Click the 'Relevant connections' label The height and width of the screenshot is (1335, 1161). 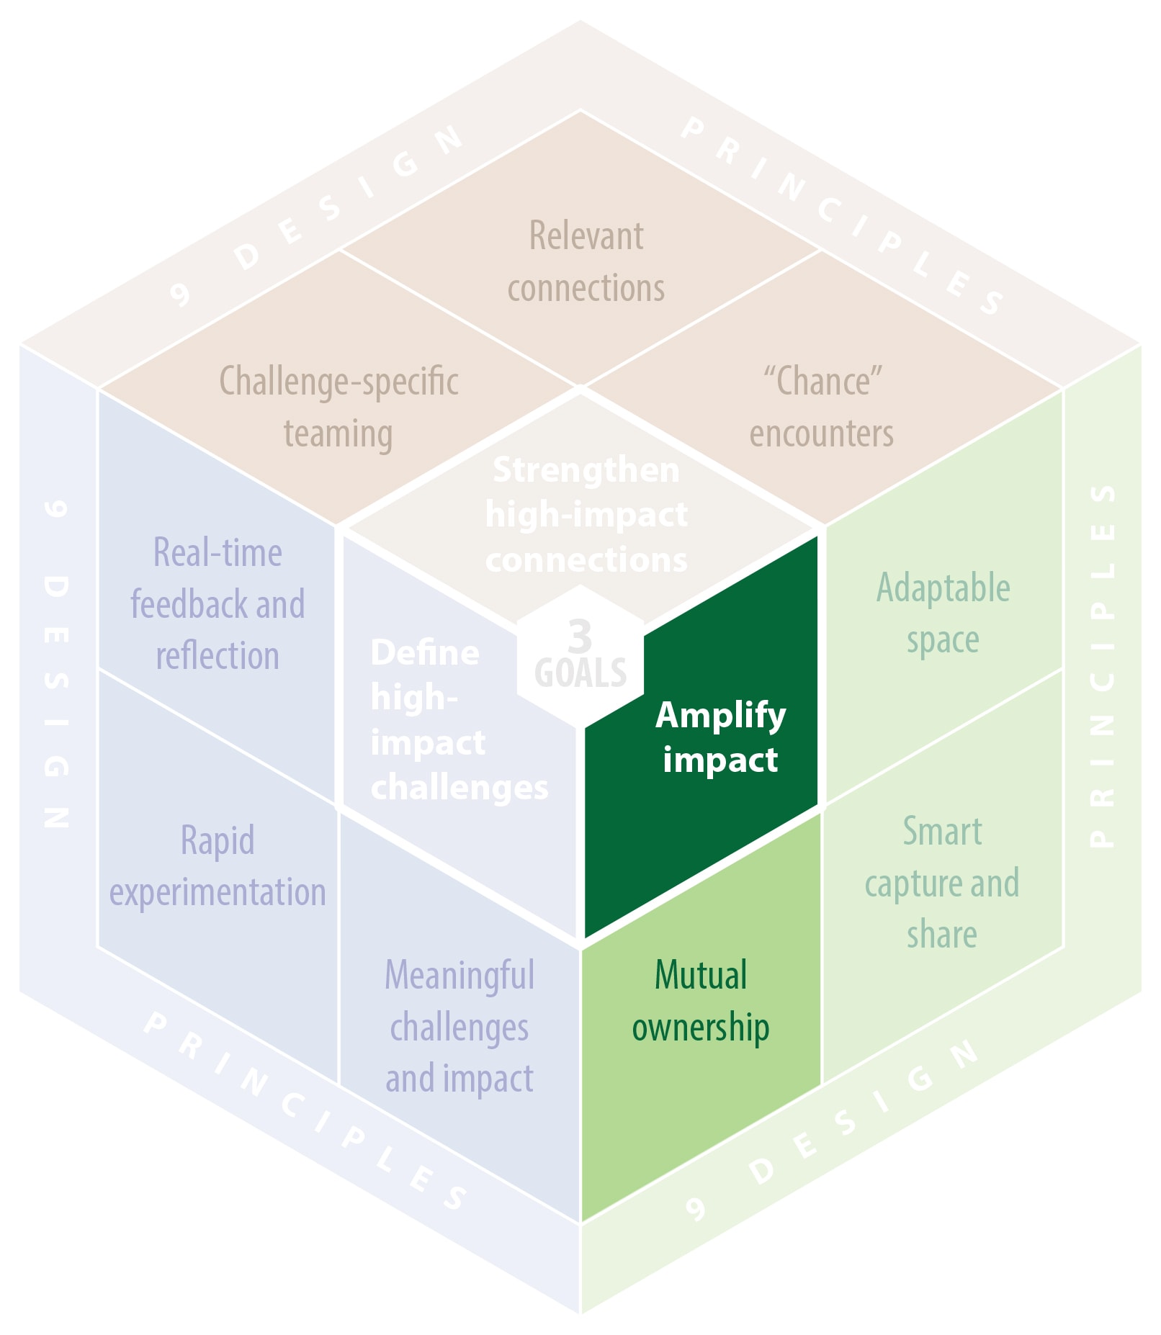pos(586,262)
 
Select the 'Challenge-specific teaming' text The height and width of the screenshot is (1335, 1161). pos(339,408)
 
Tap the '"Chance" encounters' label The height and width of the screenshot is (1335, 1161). pos(822,408)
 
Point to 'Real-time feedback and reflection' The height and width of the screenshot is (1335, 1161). pos(218,604)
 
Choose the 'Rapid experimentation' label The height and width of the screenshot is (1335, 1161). pos(218,866)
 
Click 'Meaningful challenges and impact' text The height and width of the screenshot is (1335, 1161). pos(460,1027)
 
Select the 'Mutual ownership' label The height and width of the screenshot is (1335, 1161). pos(700,1001)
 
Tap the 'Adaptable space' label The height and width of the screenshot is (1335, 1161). pos(943,613)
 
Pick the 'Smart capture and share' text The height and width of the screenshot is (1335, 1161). pos(942,883)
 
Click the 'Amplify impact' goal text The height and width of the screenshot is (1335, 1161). pos(720,737)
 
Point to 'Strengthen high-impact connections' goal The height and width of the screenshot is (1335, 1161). pos(586,514)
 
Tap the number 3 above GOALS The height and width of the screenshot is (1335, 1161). pos(580,636)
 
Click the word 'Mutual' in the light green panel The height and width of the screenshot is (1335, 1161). pos(701,975)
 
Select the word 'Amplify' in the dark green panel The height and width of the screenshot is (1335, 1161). pos(720,716)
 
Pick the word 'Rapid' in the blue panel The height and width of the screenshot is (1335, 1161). pos(218,840)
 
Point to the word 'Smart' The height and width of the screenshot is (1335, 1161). pos(942,832)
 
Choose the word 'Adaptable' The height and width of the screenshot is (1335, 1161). pos(943,588)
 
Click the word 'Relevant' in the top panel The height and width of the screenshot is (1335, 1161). pos(586,236)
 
